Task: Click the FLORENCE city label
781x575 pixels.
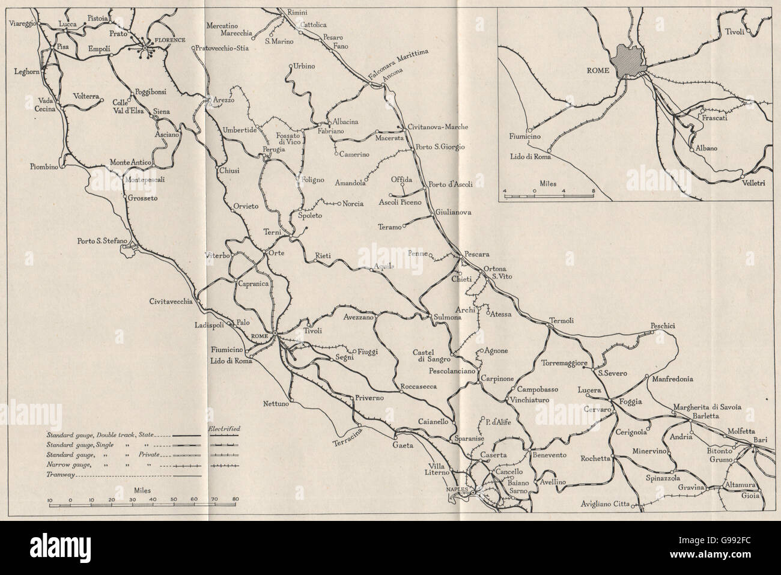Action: (x=169, y=40)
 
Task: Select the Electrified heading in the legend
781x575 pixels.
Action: (x=224, y=428)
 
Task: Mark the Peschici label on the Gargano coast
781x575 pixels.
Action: (x=663, y=326)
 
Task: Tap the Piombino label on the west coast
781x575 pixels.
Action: (x=44, y=168)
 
